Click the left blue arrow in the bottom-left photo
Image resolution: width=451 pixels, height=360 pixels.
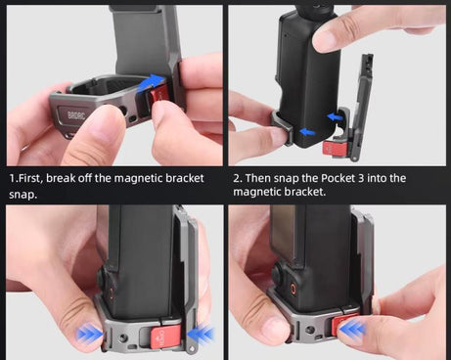point(91,334)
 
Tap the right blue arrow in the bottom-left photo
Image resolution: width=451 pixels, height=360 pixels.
point(203,334)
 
